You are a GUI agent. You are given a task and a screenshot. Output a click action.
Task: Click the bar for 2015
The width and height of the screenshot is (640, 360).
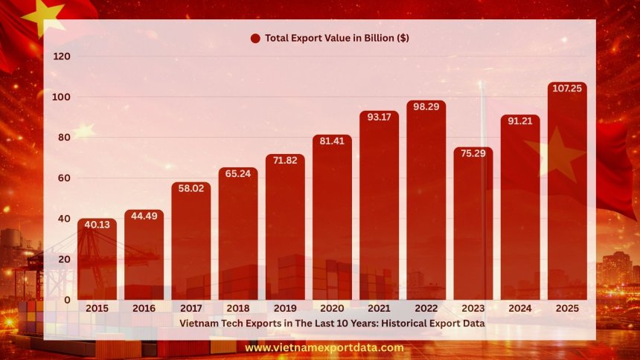pos(97,260)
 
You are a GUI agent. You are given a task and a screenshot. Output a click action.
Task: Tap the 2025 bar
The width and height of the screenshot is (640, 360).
pos(567,193)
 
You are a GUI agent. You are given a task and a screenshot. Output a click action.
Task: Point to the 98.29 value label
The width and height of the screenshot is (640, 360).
pos(426,108)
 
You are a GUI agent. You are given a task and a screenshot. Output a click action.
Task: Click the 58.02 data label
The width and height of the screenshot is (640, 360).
pos(191,190)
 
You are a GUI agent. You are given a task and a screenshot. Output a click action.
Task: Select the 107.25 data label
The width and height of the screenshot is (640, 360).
pos(567,89)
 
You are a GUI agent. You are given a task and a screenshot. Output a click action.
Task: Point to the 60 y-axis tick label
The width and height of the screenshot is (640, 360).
pos(65,178)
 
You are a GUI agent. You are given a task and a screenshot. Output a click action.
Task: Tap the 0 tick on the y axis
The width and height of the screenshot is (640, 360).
pos(68,300)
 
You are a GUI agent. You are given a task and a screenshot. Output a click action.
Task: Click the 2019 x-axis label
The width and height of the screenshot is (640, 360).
pos(285,308)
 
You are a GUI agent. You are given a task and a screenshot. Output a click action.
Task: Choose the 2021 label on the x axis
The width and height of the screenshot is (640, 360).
pos(380,308)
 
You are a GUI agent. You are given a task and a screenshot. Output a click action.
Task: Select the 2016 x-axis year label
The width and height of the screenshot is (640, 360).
pos(144,308)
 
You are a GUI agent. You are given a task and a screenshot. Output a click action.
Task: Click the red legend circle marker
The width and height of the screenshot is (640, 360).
pos(255,38)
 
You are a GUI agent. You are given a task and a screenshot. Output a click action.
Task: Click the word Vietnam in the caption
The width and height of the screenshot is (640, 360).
pos(198,324)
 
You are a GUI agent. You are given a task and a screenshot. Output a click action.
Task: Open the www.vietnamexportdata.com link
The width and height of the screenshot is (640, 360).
pos(324,347)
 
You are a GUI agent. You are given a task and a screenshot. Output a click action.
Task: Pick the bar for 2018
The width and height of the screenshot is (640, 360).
pos(238,238)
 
